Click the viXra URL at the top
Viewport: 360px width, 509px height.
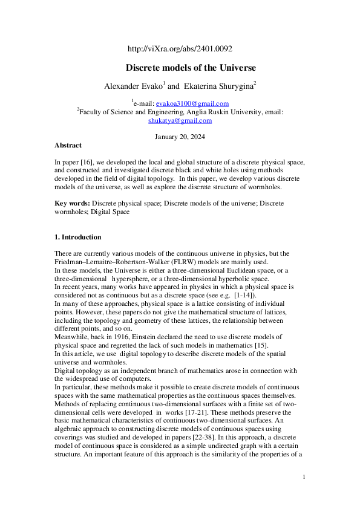coord(180,49)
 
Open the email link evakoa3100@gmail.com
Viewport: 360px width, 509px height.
coord(192,104)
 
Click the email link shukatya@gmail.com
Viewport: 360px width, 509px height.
coord(180,120)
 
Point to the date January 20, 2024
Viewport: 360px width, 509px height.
coord(180,137)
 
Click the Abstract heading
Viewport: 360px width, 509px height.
coord(68,146)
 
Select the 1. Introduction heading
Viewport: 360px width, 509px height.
coord(78,237)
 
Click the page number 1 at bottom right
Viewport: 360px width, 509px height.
coord(304,478)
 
